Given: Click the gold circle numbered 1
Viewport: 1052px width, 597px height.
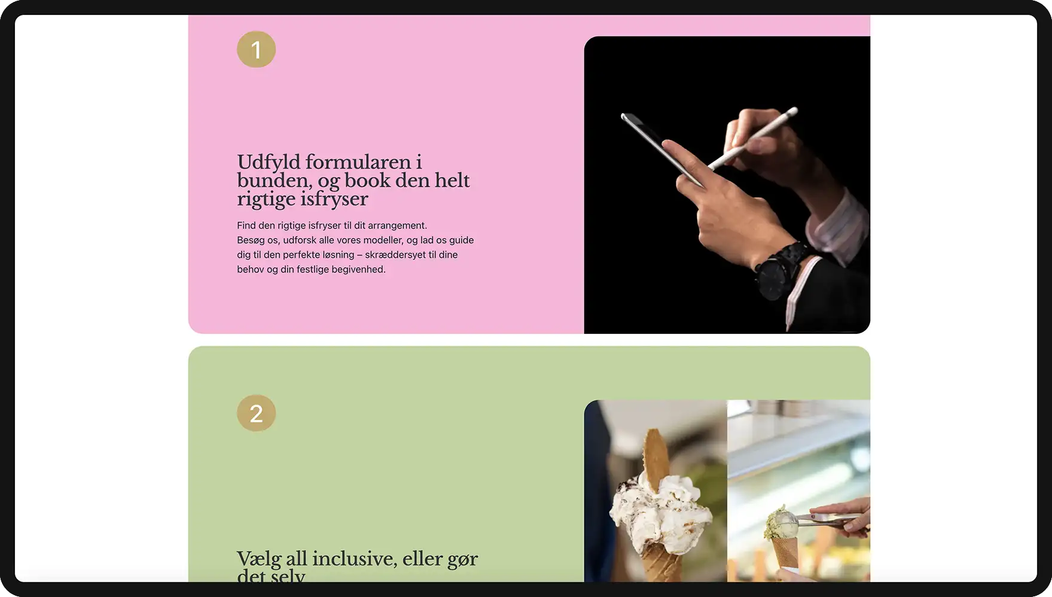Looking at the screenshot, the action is (x=256, y=49).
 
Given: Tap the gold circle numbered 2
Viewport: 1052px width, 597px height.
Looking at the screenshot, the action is (x=256, y=413).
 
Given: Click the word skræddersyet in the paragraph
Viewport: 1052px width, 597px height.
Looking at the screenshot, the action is (x=395, y=255).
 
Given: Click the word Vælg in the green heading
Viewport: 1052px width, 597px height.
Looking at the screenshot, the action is (x=259, y=559).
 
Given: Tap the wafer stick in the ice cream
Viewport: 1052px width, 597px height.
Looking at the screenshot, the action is (x=656, y=458).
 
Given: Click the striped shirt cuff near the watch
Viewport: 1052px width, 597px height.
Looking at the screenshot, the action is (x=837, y=224).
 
